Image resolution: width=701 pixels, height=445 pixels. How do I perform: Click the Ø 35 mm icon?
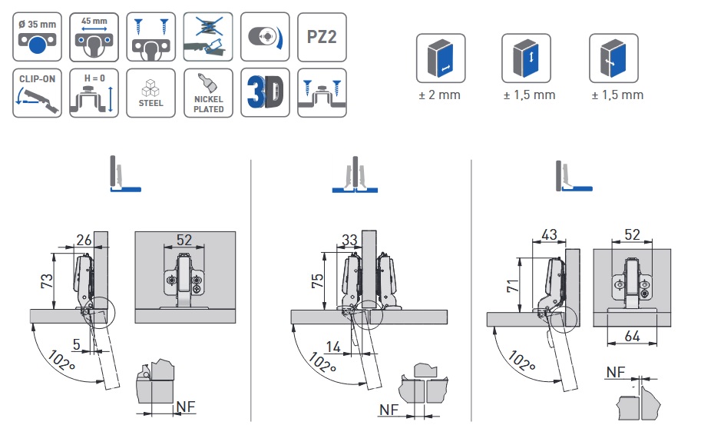pyautogui.click(x=36, y=36)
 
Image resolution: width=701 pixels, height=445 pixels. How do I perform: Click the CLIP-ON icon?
pyautogui.click(x=36, y=93)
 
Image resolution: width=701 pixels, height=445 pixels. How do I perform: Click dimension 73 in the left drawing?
pyautogui.click(x=47, y=281)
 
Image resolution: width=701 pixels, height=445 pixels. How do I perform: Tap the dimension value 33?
pyautogui.click(x=349, y=240)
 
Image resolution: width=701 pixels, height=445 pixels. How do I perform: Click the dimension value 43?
pyautogui.click(x=550, y=233)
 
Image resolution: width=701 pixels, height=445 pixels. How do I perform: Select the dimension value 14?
pyautogui.click(x=332, y=347)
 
